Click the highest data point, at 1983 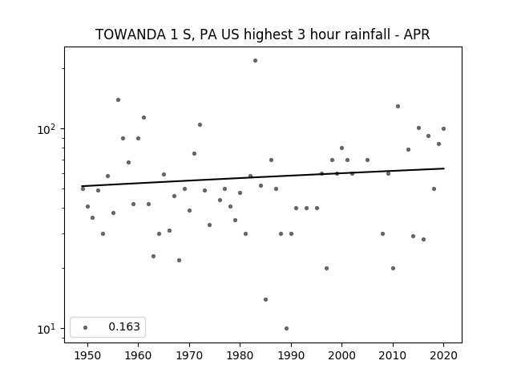(x=255, y=61)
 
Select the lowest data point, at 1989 (x=287, y=328)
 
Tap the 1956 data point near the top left (x=118, y=99)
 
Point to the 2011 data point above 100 (x=398, y=107)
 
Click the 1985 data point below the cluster (x=265, y=299)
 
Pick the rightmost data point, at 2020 (x=443, y=128)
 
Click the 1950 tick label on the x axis (x=87, y=355)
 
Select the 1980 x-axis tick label (x=240, y=355)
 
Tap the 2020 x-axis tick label (x=443, y=355)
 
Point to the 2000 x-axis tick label (x=342, y=355)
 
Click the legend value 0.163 (x=124, y=326)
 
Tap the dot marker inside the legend (x=86, y=327)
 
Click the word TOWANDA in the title (x=131, y=34)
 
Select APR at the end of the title (x=417, y=34)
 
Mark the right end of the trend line (x=444, y=168)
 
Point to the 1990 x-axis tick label (x=291, y=355)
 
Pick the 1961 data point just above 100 (x=143, y=118)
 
